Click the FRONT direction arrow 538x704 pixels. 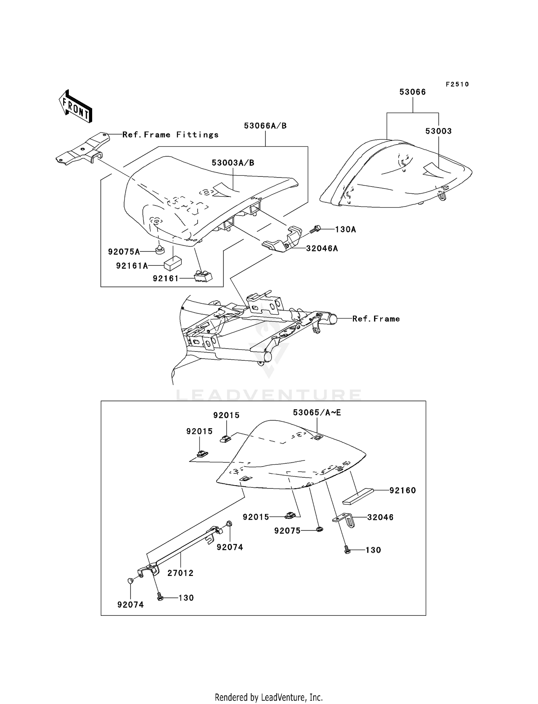[76, 107]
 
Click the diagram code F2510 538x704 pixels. [457, 84]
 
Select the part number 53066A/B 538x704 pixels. [265, 126]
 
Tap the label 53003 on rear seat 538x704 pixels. [438, 131]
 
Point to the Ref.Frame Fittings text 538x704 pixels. [170, 135]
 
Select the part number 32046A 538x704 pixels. [322, 248]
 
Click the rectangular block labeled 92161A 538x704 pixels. [173, 264]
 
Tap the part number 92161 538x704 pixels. [165, 278]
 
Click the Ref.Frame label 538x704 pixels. [376, 319]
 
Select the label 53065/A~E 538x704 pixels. [317, 413]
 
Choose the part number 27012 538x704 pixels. [180, 573]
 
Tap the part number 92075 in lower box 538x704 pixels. [287, 531]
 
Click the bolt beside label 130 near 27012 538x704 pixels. [160, 597]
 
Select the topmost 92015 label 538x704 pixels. [226, 415]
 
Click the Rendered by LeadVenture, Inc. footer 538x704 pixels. [269, 697]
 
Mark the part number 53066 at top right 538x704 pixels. [412, 92]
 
